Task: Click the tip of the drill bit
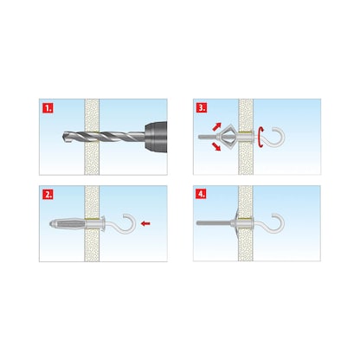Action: pos(63,136)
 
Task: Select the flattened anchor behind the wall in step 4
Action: pos(237,222)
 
